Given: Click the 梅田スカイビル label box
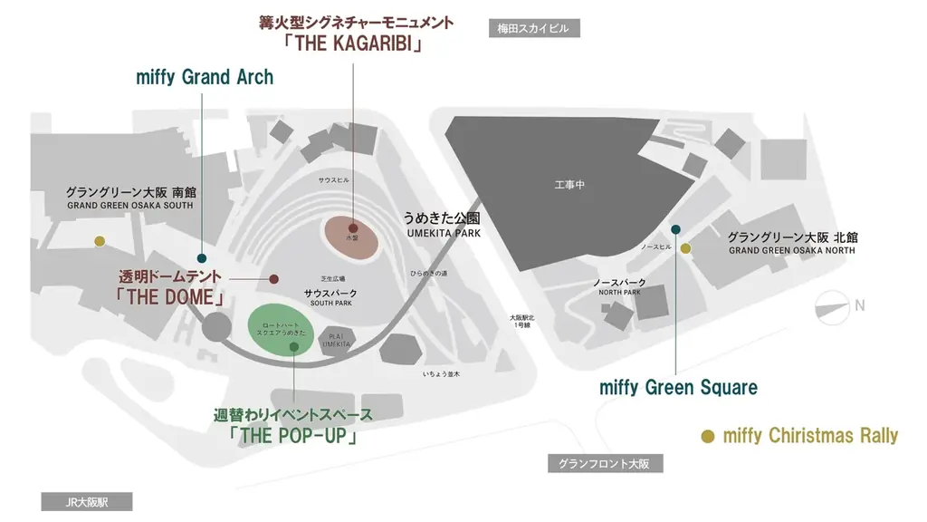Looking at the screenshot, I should (x=533, y=28).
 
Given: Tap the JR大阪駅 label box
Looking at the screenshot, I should (x=87, y=502).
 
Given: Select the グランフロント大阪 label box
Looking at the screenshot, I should (x=604, y=464).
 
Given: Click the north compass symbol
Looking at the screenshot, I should (x=833, y=306).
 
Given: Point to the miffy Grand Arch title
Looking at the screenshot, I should (x=205, y=77).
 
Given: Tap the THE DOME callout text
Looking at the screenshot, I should (x=169, y=296).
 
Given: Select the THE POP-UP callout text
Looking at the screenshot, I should (x=293, y=435).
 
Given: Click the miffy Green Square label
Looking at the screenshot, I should (x=678, y=388).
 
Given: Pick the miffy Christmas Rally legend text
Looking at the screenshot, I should (x=810, y=436).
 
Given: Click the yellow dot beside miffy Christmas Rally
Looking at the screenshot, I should (x=709, y=436).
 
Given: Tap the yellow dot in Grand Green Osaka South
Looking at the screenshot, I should (x=100, y=241).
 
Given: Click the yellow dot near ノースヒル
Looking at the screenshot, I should (x=685, y=248).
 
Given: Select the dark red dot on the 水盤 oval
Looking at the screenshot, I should (x=352, y=227).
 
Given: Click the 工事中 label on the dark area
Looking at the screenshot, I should (x=569, y=186).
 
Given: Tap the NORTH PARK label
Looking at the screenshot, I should (x=619, y=292).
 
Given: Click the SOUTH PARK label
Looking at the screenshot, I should (x=330, y=303).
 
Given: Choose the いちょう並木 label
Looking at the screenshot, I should (x=442, y=373).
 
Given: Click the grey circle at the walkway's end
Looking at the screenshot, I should (x=217, y=327).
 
